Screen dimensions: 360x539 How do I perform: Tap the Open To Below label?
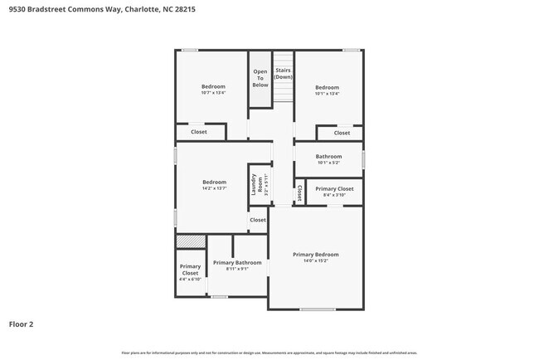(260, 78)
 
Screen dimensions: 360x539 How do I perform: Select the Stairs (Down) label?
(284, 74)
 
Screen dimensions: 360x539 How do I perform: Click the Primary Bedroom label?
(315, 255)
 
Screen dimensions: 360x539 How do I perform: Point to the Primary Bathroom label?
(237, 262)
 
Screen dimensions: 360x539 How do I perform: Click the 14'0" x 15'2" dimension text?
(315, 261)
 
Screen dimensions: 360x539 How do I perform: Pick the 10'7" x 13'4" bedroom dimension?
(213, 93)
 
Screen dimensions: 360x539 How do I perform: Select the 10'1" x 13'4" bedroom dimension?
(327, 94)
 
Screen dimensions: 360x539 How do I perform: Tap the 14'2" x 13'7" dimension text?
(214, 189)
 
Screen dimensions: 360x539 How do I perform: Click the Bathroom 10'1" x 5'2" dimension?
(328, 163)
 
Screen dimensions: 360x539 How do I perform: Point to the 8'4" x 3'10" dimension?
(334, 195)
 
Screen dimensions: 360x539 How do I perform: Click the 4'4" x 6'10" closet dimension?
(190, 280)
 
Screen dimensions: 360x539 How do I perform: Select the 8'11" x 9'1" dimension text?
(237, 269)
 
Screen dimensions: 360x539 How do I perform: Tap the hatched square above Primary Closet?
(191, 241)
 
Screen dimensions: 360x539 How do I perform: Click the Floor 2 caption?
(21, 324)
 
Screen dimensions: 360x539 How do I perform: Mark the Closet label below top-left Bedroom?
(199, 132)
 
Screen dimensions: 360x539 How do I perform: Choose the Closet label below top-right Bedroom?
(342, 133)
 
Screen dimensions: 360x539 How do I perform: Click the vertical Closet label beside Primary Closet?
(299, 193)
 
